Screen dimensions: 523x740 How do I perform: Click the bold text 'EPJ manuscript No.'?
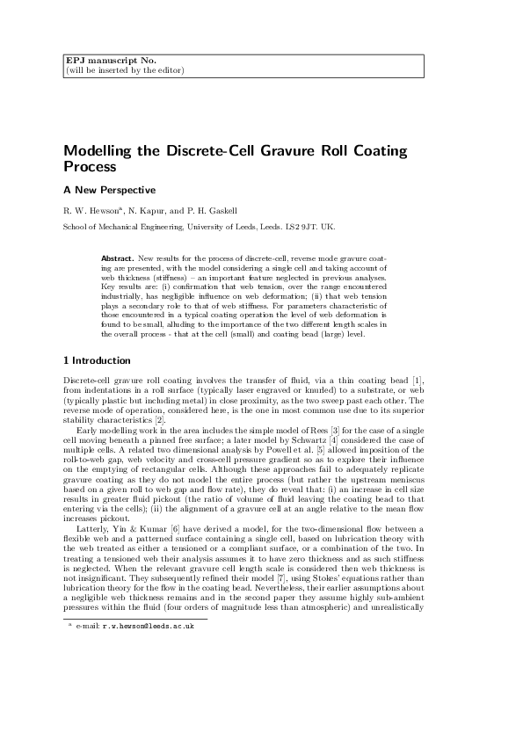(98, 61)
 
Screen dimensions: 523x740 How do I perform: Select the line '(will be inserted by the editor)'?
(125, 70)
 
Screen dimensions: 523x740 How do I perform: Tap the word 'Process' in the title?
(90, 166)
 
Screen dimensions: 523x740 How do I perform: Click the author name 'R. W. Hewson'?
(96, 211)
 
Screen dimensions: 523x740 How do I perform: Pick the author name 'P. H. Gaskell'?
(234, 211)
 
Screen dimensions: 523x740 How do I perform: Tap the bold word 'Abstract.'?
(119, 259)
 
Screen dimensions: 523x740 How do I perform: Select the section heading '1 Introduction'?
(97, 360)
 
